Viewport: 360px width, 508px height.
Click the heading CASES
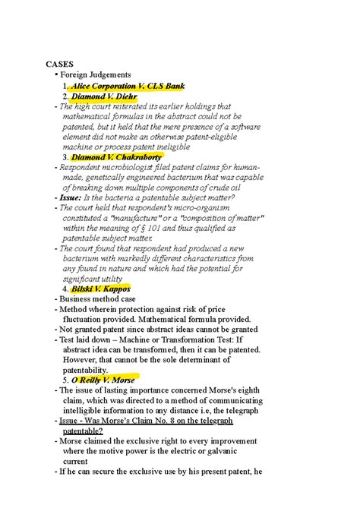[59, 63]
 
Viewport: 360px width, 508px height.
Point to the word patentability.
[90, 369]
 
